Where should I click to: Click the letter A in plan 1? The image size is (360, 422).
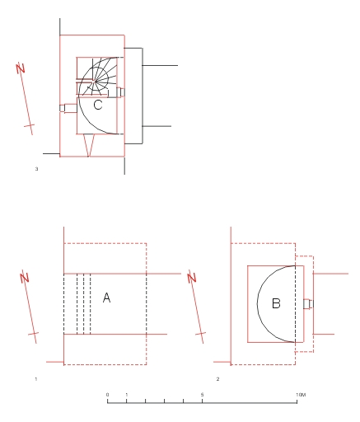click(106, 298)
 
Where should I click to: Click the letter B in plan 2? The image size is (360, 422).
click(276, 303)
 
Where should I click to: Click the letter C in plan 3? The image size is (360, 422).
click(98, 105)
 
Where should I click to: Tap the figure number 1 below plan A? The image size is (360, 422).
click(36, 379)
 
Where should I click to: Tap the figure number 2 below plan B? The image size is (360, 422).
click(217, 379)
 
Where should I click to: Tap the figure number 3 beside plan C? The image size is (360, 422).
click(36, 169)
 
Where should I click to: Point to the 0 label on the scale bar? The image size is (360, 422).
click(107, 395)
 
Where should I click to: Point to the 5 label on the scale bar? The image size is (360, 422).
click(202, 395)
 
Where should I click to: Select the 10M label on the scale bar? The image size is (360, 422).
click(301, 395)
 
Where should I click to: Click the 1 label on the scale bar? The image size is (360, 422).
click(127, 395)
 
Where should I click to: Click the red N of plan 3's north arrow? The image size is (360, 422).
click(21, 68)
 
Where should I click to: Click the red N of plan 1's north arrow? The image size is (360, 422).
click(25, 277)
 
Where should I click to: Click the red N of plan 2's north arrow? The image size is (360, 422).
click(192, 277)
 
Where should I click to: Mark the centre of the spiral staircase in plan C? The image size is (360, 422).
click(94, 81)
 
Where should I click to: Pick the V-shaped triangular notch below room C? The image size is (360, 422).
click(89, 145)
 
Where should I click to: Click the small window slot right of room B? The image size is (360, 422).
click(308, 304)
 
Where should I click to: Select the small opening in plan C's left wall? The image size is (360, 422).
click(68, 108)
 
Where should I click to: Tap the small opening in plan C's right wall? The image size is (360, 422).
click(120, 92)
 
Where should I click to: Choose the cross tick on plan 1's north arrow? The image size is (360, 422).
click(33, 334)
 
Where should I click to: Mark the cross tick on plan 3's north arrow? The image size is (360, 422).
click(30, 125)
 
